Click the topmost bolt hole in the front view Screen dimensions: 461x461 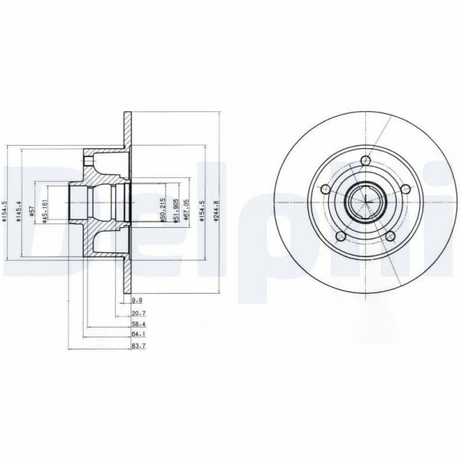click(x=365, y=161)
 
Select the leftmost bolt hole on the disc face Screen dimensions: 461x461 click(x=326, y=189)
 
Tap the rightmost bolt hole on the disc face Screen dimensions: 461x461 click(x=404, y=189)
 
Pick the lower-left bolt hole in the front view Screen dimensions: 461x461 click(x=341, y=235)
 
